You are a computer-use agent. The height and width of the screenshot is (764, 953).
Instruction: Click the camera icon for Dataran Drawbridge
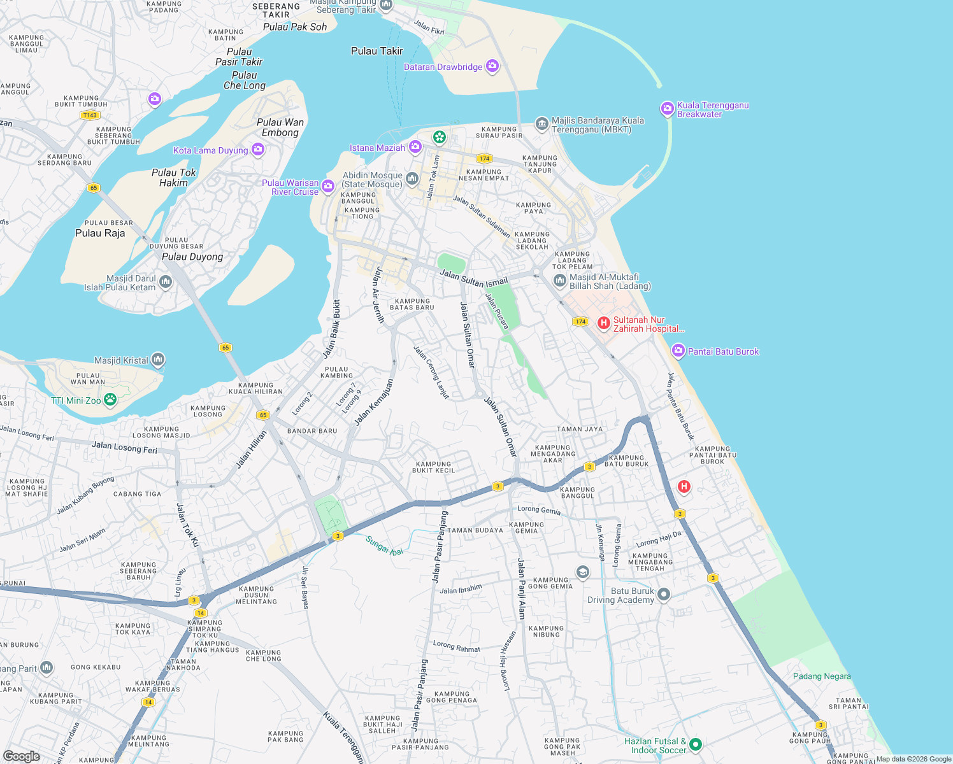pos(492,66)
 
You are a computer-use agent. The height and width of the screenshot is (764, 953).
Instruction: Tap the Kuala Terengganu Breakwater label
pos(712,110)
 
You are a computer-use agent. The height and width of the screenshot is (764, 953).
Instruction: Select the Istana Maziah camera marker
pos(415,148)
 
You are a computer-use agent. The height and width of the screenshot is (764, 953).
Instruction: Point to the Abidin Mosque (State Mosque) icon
pos(412,179)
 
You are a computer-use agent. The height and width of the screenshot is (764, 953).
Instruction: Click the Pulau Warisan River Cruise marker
pos(328,187)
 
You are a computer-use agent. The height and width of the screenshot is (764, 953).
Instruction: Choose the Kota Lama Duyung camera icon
pos(258,150)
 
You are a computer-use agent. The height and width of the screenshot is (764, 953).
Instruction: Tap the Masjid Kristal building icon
pos(158,360)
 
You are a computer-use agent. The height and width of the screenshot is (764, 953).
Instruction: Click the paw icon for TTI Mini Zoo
pos(110,400)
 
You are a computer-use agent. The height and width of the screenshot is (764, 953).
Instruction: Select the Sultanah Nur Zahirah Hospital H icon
pos(603,323)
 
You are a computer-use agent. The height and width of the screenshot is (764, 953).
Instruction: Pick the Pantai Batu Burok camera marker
pos(678,351)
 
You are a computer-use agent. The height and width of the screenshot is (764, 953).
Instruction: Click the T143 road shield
pos(90,115)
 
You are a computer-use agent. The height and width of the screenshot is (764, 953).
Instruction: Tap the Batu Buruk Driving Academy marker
pos(664,595)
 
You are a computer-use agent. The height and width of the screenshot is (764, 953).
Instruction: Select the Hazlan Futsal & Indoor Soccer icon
pos(696,744)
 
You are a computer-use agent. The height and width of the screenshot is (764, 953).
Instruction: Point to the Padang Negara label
pos(822,676)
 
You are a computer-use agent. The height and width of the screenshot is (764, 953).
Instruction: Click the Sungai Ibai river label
pos(384,546)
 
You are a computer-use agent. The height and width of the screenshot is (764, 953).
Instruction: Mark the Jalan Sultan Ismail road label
pos(474,278)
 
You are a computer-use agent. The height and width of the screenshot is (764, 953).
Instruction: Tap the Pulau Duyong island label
pos(192,257)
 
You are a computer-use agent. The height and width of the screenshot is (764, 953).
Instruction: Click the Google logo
pos(21,756)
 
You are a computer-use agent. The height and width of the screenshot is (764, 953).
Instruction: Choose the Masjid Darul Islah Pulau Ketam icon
pos(166,282)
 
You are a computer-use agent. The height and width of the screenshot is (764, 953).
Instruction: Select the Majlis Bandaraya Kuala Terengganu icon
pos(541,124)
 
